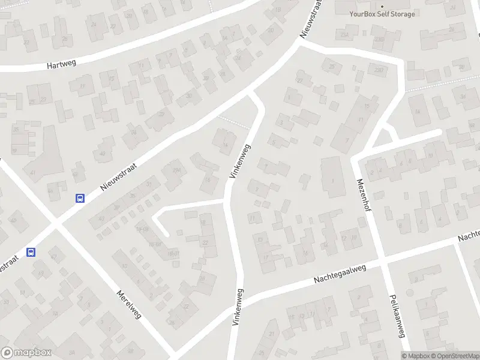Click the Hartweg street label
(x=62, y=65)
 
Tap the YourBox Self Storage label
(x=383, y=14)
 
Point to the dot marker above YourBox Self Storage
(x=382, y=6)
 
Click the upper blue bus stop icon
(x=79, y=198)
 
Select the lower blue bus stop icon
(x=32, y=253)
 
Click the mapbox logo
(x=26, y=353)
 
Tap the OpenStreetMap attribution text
(x=453, y=356)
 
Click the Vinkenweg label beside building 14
(x=239, y=161)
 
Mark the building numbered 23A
(x=345, y=35)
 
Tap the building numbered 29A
(x=176, y=171)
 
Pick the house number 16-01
(x=173, y=254)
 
